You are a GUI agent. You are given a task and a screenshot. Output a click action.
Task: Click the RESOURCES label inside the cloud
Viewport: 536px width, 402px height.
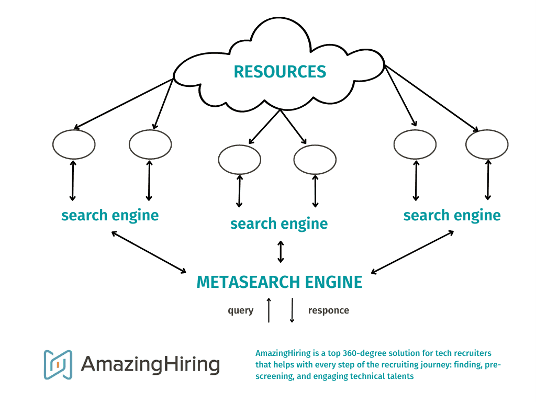pyautogui.click(x=280, y=71)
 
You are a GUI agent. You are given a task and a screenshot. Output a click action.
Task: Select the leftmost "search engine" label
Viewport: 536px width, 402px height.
pyautogui.click(x=110, y=215)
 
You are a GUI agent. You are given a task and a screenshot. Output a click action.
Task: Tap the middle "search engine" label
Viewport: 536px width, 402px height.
pyautogui.click(x=279, y=224)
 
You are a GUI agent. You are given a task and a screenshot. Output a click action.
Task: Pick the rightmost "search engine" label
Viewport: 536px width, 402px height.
pyautogui.click(x=452, y=215)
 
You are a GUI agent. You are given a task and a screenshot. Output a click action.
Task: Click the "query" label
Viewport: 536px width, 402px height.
pyautogui.click(x=240, y=310)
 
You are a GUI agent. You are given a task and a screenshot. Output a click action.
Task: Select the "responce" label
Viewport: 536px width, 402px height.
pyautogui.click(x=328, y=310)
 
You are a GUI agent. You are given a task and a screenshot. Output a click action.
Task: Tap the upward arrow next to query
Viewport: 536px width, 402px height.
pyautogui.click(x=269, y=310)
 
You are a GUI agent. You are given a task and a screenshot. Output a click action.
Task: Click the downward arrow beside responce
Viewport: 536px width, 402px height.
pyautogui.click(x=292, y=310)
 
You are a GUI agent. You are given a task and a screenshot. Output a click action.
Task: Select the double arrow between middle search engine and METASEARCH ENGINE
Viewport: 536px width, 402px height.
pyautogui.click(x=281, y=251)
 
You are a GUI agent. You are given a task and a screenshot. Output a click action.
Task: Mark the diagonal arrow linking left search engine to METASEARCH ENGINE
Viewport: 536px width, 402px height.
pyautogui.click(x=149, y=252)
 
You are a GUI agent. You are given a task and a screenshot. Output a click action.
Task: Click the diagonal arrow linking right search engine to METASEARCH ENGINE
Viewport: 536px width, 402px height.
pyautogui.click(x=412, y=252)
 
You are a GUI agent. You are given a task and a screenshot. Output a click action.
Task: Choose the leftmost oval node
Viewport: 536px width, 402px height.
pyautogui.click(x=74, y=144)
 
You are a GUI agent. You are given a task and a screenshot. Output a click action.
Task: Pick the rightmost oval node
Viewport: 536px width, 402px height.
pyautogui.click(x=487, y=144)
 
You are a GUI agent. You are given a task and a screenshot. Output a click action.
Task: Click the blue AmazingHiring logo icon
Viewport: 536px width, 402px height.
pyautogui.click(x=58, y=364)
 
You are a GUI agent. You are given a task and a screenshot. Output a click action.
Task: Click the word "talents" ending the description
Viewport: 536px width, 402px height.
pyautogui.click(x=399, y=376)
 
